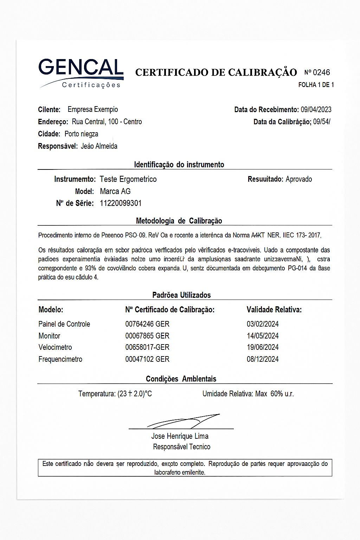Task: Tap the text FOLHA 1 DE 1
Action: click(316, 85)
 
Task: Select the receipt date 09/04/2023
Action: click(316, 110)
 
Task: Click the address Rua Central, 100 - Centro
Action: click(107, 122)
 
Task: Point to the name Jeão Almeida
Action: click(99, 146)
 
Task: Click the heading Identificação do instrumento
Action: click(179, 165)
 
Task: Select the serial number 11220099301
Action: click(121, 203)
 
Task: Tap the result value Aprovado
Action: click(298, 179)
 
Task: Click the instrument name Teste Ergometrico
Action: click(128, 179)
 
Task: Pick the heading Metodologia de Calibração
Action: click(179, 221)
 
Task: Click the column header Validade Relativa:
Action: click(274, 310)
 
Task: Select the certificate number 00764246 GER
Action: click(147, 324)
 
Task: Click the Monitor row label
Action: click(49, 336)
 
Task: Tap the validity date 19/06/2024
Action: click(263, 347)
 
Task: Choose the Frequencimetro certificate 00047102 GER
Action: click(147, 359)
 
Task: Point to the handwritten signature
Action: click(183, 421)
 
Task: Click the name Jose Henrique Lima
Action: click(180, 436)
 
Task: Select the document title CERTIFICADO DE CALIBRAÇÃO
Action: click(216, 72)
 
